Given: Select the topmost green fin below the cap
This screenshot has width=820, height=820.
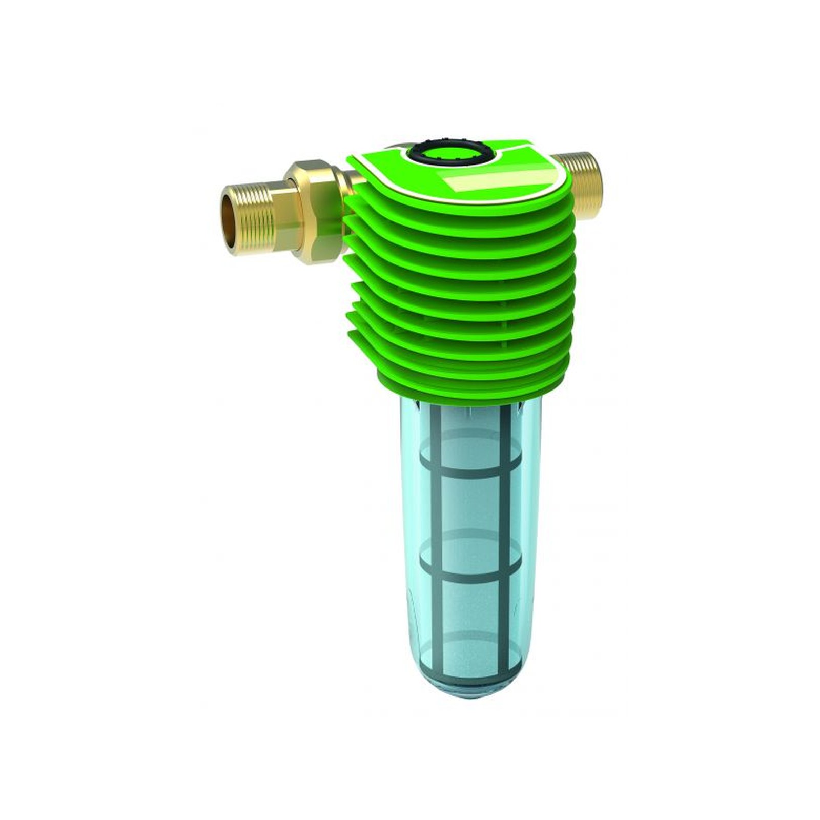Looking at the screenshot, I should coord(461,215).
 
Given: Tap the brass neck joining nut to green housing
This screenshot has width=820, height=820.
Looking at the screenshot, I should coord(354,179).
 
